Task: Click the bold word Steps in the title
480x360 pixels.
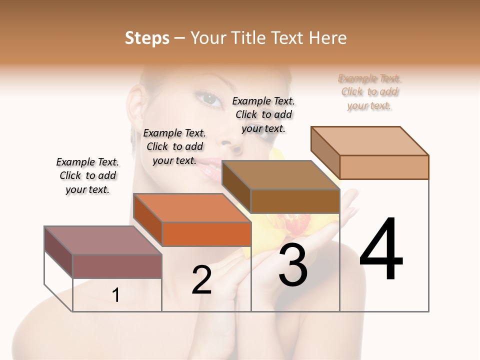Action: click(x=146, y=38)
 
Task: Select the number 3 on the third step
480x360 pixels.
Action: click(x=293, y=265)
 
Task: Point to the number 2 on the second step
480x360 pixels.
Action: click(x=201, y=280)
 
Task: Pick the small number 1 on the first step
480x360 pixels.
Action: click(x=115, y=295)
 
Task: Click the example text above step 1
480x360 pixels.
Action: click(x=87, y=175)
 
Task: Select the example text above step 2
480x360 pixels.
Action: click(x=174, y=146)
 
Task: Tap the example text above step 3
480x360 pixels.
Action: click(x=263, y=114)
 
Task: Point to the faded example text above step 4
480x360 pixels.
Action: click(x=369, y=92)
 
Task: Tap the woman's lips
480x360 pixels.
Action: click(x=214, y=167)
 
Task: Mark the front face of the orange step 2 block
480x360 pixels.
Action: click(x=206, y=234)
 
